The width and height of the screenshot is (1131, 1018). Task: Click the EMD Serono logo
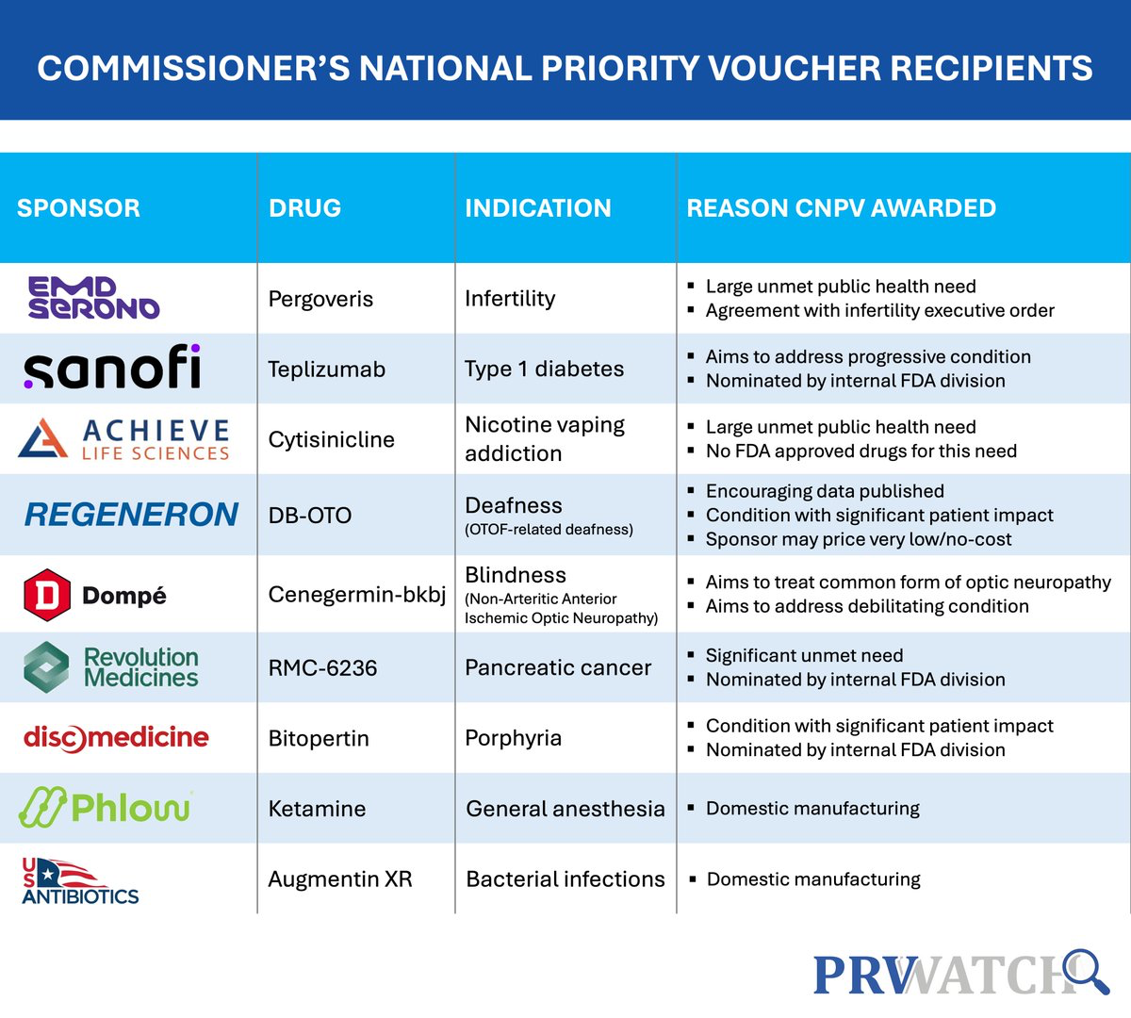(x=93, y=298)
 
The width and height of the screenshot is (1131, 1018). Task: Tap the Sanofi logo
(x=112, y=368)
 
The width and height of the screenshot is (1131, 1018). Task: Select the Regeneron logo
(x=131, y=515)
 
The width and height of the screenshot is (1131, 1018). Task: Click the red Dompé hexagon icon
(x=46, y=595)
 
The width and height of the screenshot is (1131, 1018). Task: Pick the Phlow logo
(x=106, y=807)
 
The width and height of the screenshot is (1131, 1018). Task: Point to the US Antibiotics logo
(x=80, y=880)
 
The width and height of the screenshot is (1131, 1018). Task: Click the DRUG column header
(x=304, y=208)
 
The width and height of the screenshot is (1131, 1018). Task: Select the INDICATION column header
(x=537, y=208)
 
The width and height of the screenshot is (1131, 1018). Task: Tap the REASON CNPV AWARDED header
(x=841, y=208)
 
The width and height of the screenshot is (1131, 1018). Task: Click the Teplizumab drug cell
(x=326, y=369)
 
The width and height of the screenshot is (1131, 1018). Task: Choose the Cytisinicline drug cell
(x=331, y=439)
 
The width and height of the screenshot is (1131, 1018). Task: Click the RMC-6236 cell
(x=322, y=668)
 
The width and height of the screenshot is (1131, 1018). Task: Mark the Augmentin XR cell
(x=339, y=879)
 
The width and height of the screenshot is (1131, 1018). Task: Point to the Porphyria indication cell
(x=513, y=738)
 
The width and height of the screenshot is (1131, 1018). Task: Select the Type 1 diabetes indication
(x=544, y=369)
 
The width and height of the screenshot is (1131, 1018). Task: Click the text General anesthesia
(x=565, y=809)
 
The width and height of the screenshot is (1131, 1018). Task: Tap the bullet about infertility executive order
(x=879, y=310)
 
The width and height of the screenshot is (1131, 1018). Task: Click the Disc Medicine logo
(x=116, y=737)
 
